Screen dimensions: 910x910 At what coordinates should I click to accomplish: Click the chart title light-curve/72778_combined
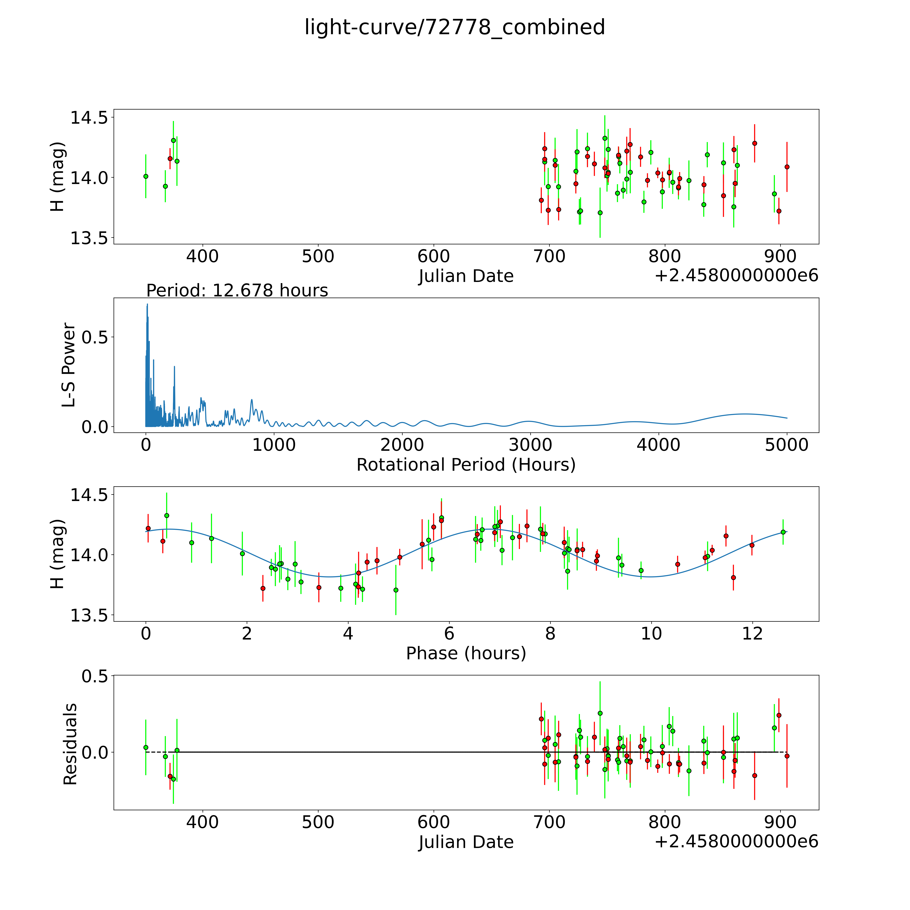click(454, 27)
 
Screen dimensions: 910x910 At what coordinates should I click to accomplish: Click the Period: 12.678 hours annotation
click(237, 291)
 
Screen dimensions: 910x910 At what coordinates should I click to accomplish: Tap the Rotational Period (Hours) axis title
click(466, 465)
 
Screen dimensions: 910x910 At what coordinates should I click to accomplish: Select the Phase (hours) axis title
click(466, 653)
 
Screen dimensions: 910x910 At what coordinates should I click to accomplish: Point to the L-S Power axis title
click(69, 365)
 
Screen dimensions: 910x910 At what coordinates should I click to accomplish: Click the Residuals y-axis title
click(70, 744)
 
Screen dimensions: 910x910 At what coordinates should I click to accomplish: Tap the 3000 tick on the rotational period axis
click(530, 445)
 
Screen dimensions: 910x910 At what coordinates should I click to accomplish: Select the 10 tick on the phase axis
click(651, 633)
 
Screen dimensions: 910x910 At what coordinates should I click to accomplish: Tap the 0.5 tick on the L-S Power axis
click(95, 337)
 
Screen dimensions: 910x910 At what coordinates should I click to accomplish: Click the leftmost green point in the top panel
click(146, 176)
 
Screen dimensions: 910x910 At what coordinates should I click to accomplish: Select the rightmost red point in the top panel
click(787, 167)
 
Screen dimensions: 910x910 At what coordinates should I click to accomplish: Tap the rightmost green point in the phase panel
click(783, 532)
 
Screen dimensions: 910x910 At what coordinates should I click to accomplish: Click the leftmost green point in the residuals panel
click(146, 748)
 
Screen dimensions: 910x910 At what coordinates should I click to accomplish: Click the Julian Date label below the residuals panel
click(466, 842)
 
